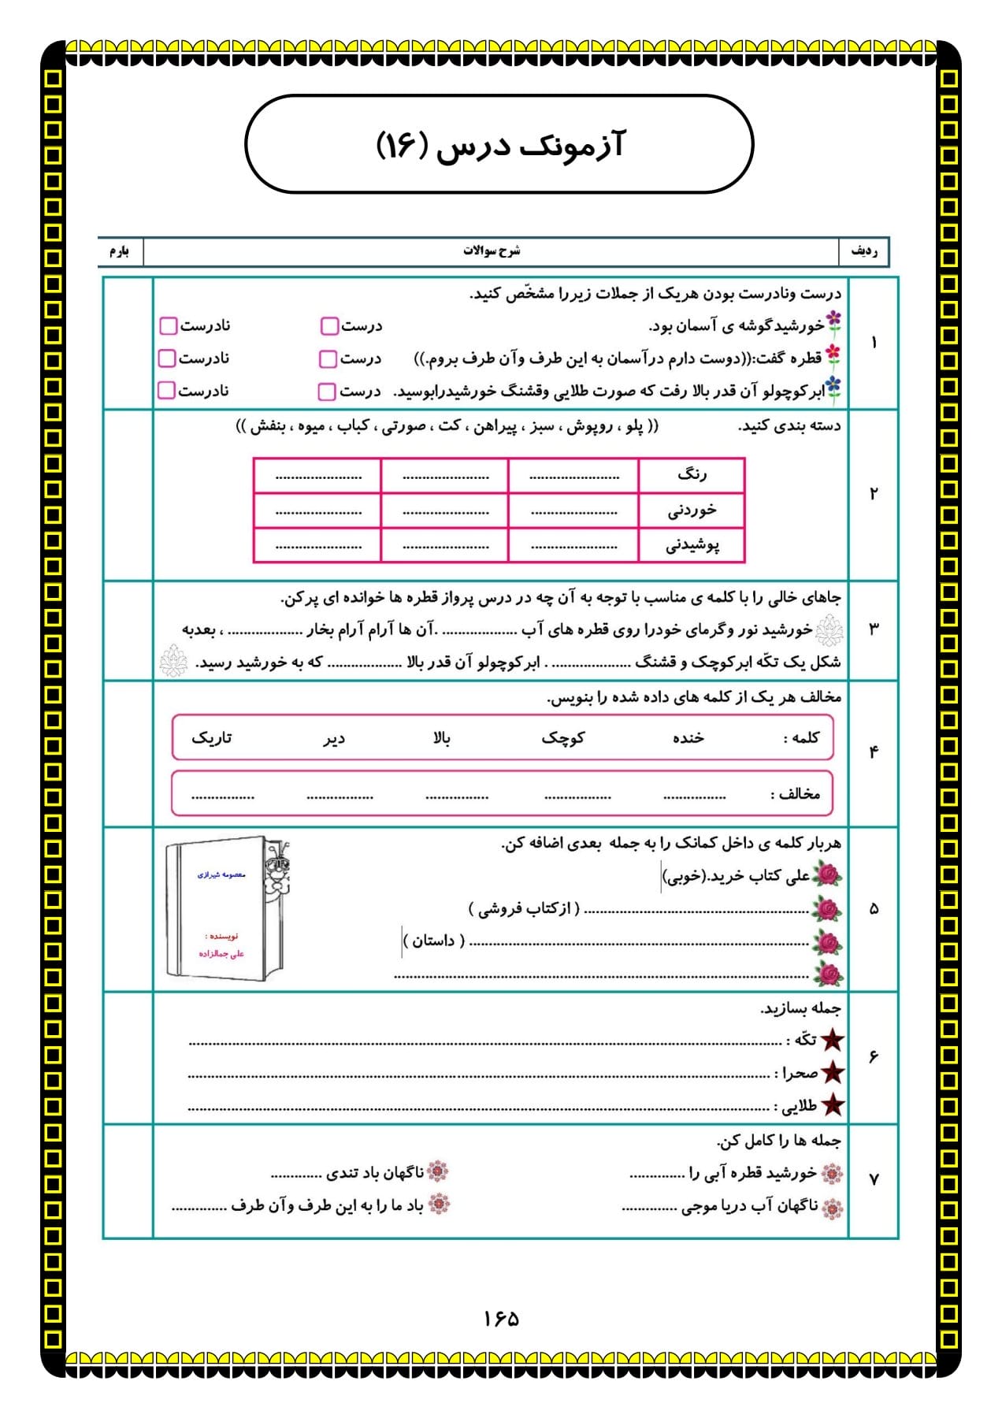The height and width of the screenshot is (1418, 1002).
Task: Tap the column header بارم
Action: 119,251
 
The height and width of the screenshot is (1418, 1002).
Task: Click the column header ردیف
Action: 864,251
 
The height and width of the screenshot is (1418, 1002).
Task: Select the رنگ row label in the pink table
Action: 692,475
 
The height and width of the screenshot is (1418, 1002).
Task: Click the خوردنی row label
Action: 692,510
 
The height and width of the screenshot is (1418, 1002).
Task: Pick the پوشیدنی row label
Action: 692,545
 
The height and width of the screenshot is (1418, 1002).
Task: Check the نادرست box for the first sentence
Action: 168,326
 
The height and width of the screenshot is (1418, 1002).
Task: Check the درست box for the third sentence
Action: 326,392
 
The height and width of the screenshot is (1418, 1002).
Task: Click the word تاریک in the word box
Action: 212,738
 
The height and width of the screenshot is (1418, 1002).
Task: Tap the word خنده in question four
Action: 688,738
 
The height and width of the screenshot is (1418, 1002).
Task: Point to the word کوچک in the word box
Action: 562,738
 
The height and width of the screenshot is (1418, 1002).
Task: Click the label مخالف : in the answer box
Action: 795,794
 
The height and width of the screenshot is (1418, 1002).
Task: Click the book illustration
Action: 228,908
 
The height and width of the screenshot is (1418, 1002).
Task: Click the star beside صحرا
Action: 833,1073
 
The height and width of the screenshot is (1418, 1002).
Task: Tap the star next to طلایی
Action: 833,1106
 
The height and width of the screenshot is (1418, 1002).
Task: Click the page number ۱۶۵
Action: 501,1319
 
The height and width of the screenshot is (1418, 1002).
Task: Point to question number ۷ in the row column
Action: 874,1179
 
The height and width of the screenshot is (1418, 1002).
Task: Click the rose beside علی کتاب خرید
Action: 828,875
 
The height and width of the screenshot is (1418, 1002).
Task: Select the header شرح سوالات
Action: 492,251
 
